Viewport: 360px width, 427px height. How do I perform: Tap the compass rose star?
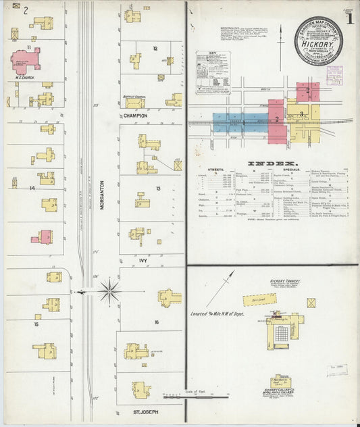(109, 292)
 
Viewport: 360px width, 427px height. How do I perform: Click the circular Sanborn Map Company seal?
(318, 40)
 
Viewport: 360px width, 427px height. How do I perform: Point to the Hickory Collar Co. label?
(278, 393)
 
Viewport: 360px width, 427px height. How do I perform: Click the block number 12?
(155, 49)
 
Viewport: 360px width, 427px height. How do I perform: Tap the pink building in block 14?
(44, 236)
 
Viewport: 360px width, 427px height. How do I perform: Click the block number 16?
(156, 322)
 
